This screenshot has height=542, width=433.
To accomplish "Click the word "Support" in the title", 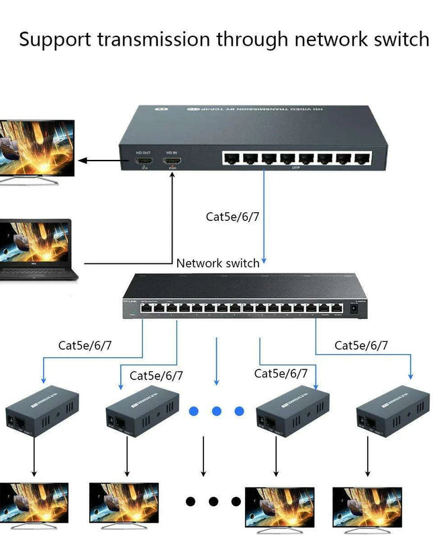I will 56,40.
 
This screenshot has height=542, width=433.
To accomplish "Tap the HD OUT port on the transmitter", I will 144,162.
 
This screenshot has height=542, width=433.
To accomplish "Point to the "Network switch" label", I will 218,263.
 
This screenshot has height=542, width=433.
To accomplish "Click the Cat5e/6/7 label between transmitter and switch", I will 232,216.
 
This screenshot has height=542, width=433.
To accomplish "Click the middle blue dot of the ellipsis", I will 217,411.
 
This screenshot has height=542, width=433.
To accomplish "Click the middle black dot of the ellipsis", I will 214,501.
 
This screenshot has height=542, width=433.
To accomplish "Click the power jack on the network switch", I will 354,309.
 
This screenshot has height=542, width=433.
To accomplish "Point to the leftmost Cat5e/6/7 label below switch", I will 85,346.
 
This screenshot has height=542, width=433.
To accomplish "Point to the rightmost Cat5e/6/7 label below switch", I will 361,346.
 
